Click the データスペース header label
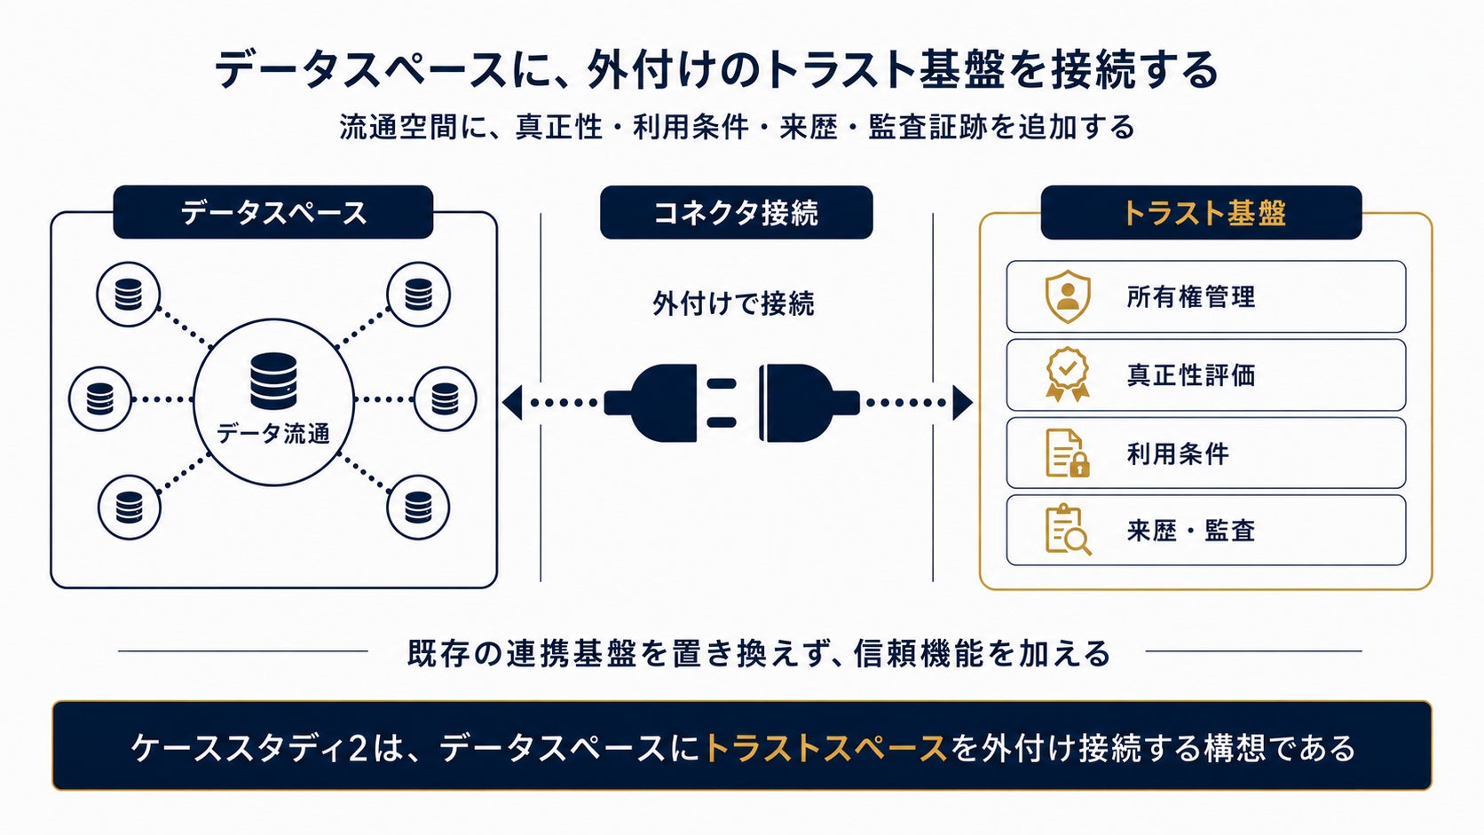coord(273,213)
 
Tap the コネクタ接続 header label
coord(736,213)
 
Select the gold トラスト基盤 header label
coord(1203,213)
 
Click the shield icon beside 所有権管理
coord(1067,296)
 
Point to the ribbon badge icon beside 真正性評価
coord(1067,374)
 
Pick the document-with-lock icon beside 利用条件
coord(1068,453)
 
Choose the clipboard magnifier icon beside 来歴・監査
coord(1068,530)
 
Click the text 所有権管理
coord(1190,296)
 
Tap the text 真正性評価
coord(1190,374)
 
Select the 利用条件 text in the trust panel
coord(1178,453)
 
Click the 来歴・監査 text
coord(1190,531)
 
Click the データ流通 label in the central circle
coord(273,434)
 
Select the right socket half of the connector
coord(809,403)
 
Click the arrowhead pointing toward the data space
coord(512,403)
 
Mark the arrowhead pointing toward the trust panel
coord(963,403)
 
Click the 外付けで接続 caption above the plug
coord(733,304)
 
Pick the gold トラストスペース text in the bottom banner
coord(825,748)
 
